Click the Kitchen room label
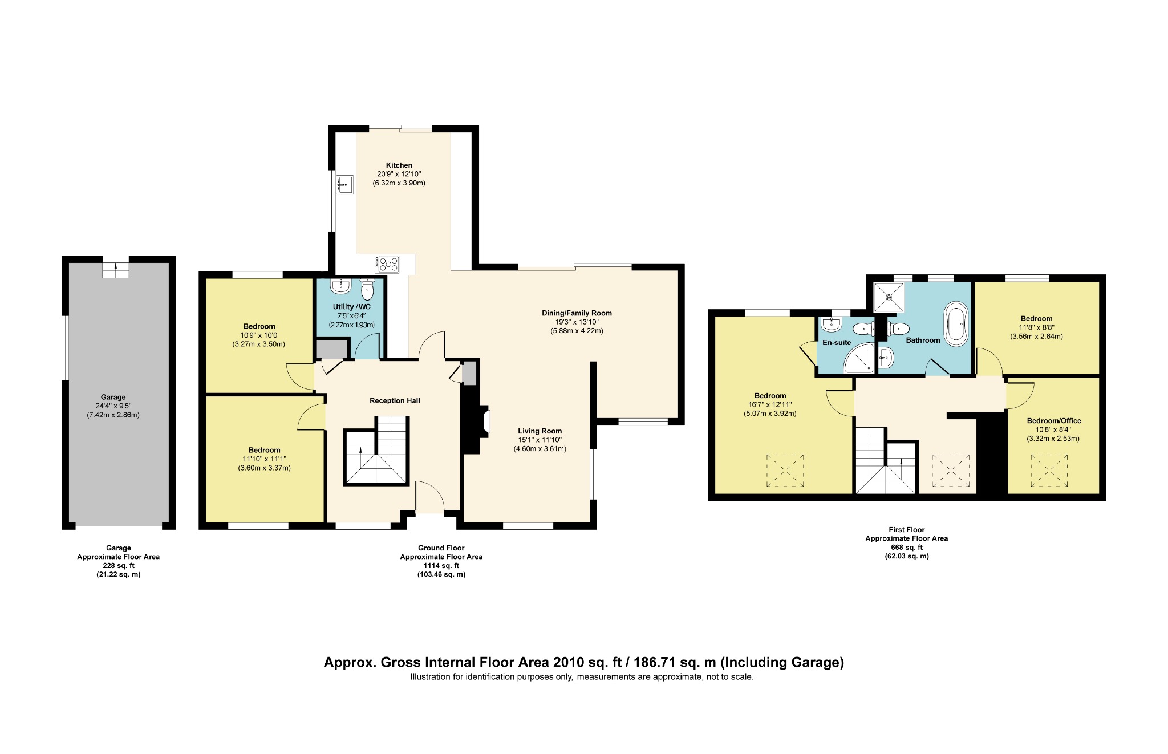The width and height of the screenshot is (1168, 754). point(399,165)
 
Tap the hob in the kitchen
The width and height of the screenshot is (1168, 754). point(387,264)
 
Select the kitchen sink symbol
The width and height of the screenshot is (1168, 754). point(344,184)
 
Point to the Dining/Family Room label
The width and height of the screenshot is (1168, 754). point(577,313)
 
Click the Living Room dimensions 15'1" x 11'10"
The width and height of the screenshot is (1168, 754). point(540,440)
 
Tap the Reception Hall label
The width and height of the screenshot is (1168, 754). point(395,400)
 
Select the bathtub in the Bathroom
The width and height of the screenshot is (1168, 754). point(956,325)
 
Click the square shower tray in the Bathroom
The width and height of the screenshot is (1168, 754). point(889,297)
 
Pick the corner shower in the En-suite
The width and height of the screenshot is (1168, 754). point(860,359)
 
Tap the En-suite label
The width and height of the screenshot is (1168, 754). point(836,343)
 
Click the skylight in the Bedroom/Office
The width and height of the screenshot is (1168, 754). point(1049,471)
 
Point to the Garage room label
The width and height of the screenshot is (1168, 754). point(113,397)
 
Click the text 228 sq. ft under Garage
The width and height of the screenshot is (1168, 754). point(119,566)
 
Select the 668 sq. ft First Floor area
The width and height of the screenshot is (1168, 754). point(906,547)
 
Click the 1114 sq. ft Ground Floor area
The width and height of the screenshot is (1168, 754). point(441,566)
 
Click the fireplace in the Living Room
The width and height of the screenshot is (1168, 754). point(485,422)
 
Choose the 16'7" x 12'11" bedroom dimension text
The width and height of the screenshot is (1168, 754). point(770,404)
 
